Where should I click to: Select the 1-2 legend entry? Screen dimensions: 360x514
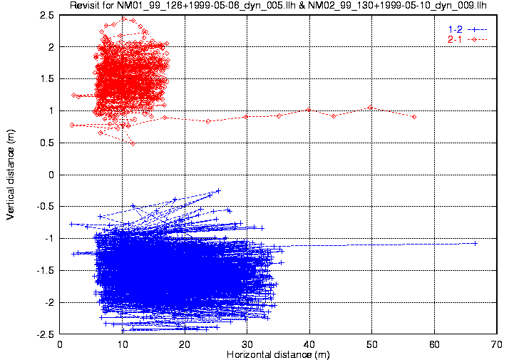click(x=453, y=29)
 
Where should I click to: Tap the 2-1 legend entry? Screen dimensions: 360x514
click(x=453, y=38)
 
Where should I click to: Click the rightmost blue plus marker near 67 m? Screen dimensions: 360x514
click(x=475, y=243)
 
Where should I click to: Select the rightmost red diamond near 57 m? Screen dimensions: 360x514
click(x=414, y=117)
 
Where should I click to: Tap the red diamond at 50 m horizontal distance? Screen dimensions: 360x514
click(x=370, y=108)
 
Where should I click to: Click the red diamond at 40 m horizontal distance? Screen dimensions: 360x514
click(x=308, y=110)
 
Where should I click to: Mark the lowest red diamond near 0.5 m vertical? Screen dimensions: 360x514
click(x=133, y=143)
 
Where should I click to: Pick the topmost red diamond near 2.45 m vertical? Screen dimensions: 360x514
click(x=124, y=19)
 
